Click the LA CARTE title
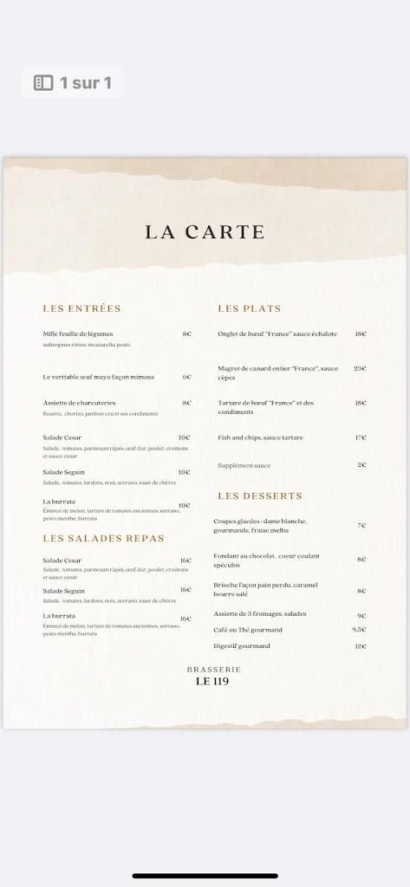pyautogui.click(x=205, y=232)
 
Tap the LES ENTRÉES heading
pyautogui.click(x=81, y=308)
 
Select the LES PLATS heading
pyautogui.click(x=250, y=308)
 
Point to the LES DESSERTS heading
pyautogui.click(x=260, y=496)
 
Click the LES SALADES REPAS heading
pyautogui.click(x=103, y=538)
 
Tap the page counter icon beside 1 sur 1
pyautogui.click(x=43, y=83)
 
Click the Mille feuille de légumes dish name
pyautogui.click(x=78, y=333)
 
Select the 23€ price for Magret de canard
pyautogui.click(x=360, y=368)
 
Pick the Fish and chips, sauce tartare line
pyautogui.click(x=261, y=437)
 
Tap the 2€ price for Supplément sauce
pyautogui.click(x=361, y=465)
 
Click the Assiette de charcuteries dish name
pyautogui.click(x=79, y=403)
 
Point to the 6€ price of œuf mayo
pyautogui.click(x=186, y=377)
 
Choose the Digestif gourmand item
pyautogui.click(x=242, y=646)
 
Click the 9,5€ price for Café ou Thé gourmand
pyautogui.click(x=359, y=630)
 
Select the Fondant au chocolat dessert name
pyautogui.click(x=251, y=557)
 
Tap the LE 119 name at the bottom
pyautogui.click(x=212, y=681)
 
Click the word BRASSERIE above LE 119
pyautogui.click(x=213, y=670)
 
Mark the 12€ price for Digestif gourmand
pyautogui.click(x=360, y=646)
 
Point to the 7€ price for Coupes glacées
pyautogui.click(x=361, y=526)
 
